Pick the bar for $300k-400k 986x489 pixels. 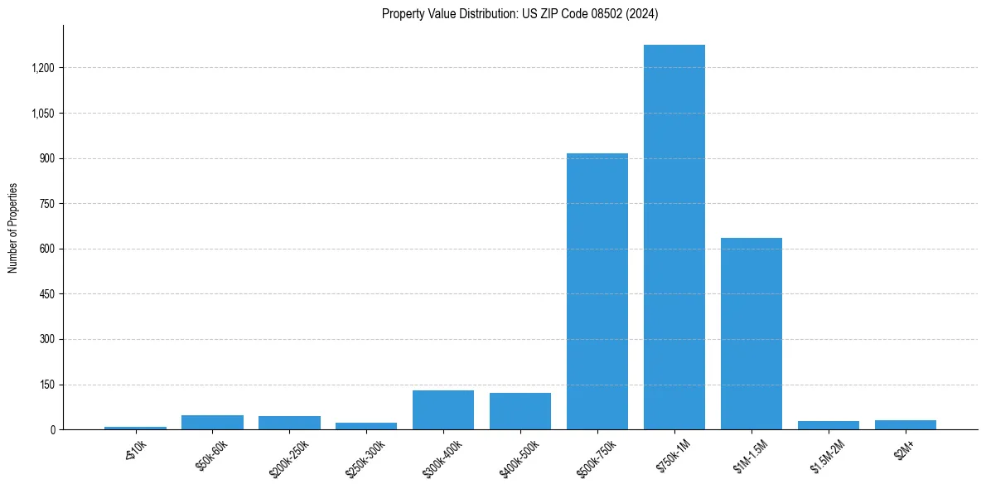(442, 410)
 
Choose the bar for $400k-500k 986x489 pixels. (520, 411)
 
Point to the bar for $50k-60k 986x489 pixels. (212, 423)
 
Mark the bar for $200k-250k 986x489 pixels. (289, 423)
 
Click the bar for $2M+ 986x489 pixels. (905, 425)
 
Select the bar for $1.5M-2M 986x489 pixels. (828, 425)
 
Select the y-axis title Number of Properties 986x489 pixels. (12, 228)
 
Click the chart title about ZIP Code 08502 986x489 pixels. (520, 13)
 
